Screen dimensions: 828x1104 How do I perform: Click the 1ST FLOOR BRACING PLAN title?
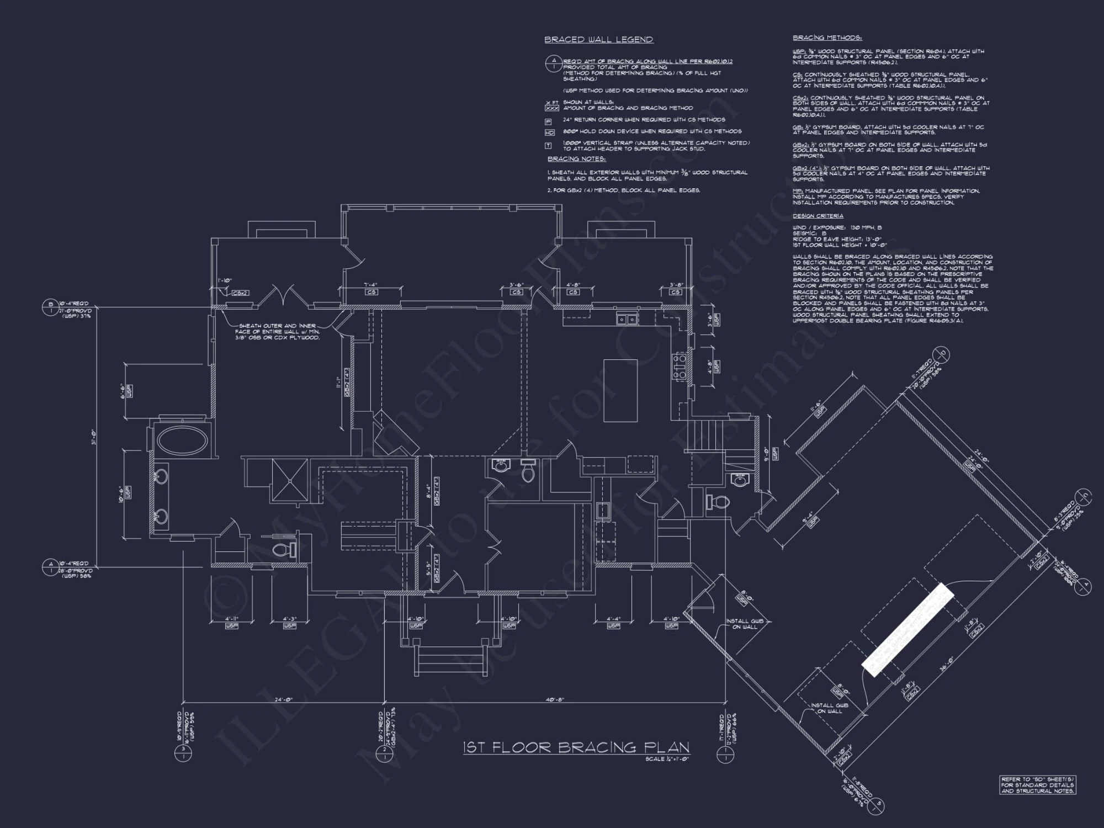(x=576, y=747)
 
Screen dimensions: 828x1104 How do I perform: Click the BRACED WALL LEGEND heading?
(x=598, y=40)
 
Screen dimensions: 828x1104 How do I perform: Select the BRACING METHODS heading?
(x=827, y=38)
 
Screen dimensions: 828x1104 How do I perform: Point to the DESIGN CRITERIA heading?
(x=818, y=216)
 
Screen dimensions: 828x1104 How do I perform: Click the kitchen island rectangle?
(x=620, y=390)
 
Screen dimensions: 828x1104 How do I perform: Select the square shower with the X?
(x=289, y=480)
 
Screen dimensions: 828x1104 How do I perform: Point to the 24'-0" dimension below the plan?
(x=283, y=699)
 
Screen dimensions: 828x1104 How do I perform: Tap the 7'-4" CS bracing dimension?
(x=370, y=285)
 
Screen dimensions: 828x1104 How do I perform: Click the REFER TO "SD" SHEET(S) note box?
(x=1037, y=784)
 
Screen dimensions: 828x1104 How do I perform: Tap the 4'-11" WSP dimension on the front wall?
(x=231, y=619)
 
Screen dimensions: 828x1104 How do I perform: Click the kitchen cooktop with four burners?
(x=679, y=366)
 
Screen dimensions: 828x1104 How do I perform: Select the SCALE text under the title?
(x=667, y=759)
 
